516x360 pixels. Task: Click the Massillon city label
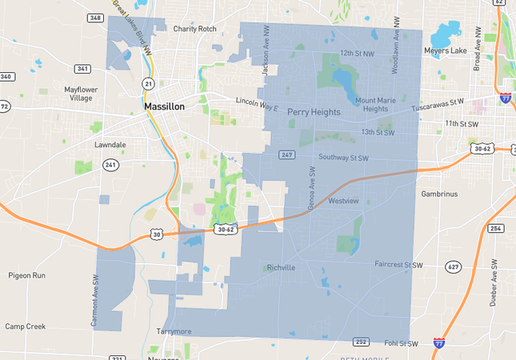click(164, 106)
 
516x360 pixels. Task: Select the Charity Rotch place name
click(194, 29)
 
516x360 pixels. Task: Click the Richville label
click(282, 267)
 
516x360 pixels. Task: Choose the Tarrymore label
click(175, 330)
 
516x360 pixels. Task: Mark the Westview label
click(343, 200)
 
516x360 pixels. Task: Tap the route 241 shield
click(110, 166)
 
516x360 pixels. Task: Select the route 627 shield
click(453, 266)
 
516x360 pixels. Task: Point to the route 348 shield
click(96, 18)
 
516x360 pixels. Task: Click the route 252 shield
click(361, 342)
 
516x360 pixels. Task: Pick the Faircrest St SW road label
click(398, 264)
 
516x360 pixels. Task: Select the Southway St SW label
click(343, 158)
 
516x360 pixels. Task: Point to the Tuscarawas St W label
click(438, 102)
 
